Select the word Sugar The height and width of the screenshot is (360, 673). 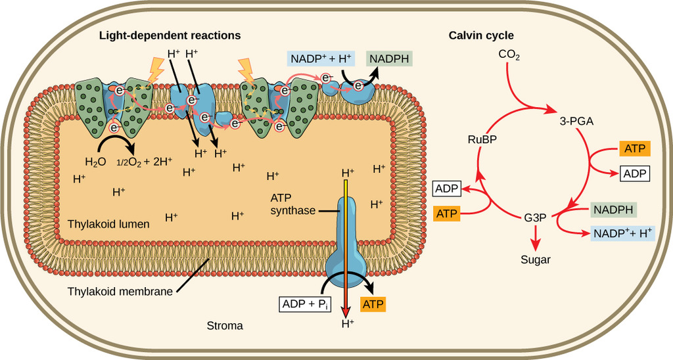click(536, 259)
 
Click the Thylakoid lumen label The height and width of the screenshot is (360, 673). click(108, 224)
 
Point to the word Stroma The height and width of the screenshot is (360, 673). click(225, 325)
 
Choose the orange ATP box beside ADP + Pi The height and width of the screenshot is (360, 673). click(373, 304)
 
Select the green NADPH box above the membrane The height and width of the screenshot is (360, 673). click(390, 58)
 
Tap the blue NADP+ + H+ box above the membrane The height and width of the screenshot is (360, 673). click(321, 58)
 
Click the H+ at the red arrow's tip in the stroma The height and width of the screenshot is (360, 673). click(347, 323)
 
